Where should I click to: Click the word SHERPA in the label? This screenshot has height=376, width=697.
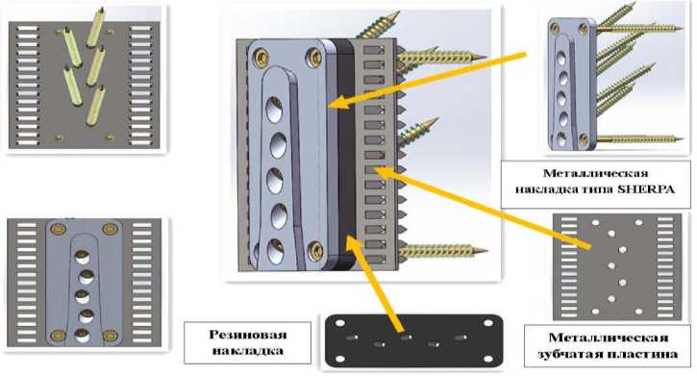(647, 188)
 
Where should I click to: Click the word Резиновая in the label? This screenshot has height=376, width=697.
(248, 335)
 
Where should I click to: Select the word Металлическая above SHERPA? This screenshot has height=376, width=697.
(595, 173)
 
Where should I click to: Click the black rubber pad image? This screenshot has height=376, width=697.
(413, 340)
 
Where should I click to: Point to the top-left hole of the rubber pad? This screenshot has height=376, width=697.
(340, 323)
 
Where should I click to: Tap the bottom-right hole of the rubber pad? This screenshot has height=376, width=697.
(488, 359)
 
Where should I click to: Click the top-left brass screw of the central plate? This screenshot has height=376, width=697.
(261, 57)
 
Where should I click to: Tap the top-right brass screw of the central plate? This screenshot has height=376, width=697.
(315, 57)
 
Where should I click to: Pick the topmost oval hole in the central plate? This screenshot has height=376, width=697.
(274, 110)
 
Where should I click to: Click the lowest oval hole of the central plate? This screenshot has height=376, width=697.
(276, 251)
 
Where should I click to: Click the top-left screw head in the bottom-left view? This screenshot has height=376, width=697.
(58, 229)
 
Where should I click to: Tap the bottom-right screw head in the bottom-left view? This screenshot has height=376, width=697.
(110, 336)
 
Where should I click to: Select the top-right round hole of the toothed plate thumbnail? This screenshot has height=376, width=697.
(638, 222)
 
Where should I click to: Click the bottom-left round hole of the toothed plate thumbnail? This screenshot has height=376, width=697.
(596, 312)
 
